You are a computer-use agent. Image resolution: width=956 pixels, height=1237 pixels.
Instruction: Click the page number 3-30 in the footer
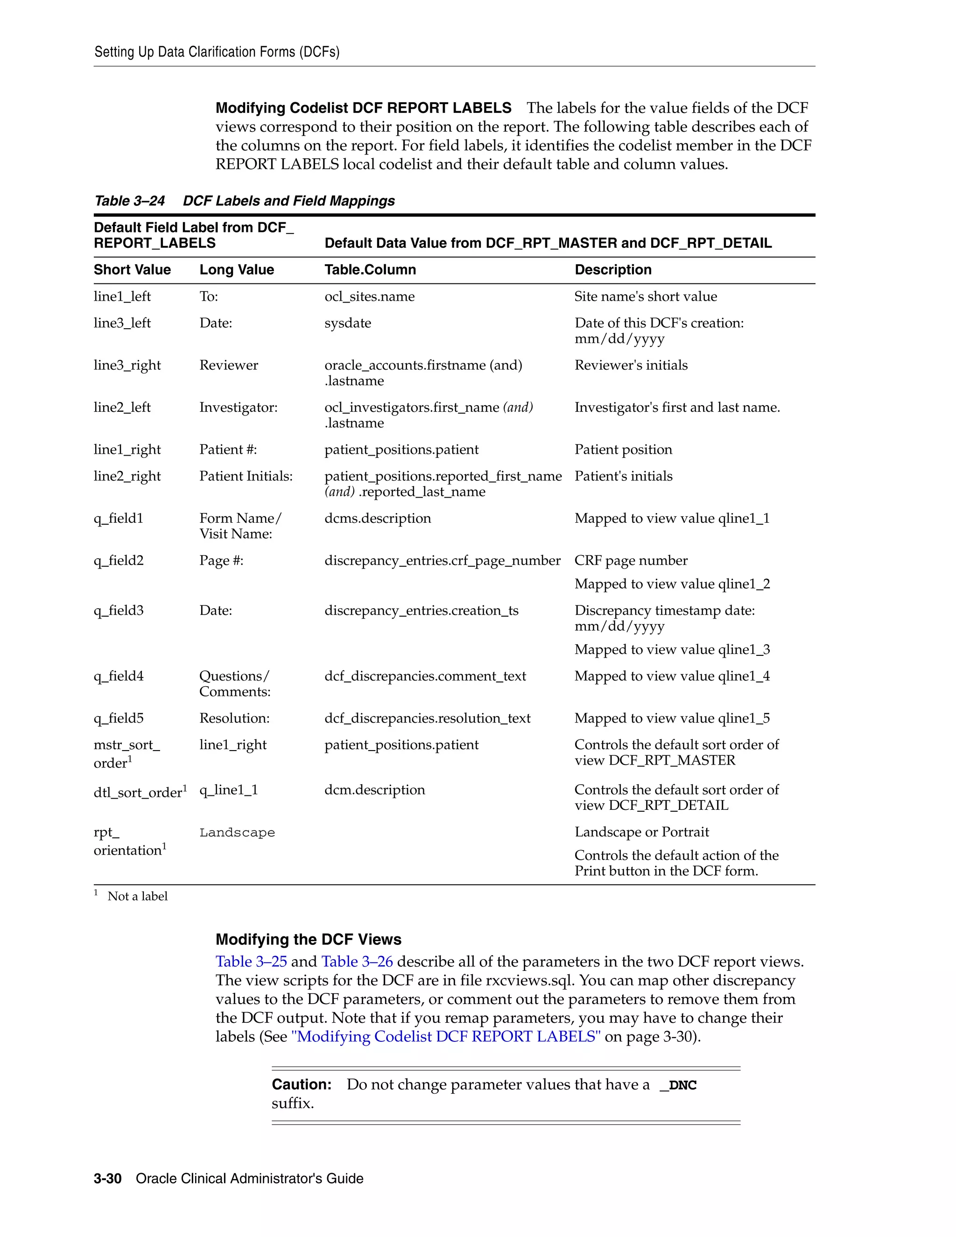click(108, 1178)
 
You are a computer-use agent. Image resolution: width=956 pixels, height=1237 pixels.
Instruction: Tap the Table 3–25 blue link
click(251, 961)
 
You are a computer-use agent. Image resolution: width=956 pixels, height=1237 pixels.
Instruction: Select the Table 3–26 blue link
click(357, 961)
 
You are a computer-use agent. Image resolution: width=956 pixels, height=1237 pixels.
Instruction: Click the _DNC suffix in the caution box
click(678, 1085)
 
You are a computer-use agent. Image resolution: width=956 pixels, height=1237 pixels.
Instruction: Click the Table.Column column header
click(370, 270)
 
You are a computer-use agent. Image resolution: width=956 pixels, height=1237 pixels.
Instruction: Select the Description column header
click(613, 270)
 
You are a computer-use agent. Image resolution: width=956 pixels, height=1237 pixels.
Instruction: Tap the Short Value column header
click(132, 270)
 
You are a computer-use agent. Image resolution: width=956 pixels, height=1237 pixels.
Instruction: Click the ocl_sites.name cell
click(369, 296)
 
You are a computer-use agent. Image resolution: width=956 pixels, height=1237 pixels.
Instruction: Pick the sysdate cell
click(348, 323)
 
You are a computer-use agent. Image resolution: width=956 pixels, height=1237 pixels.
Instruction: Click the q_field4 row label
click(119, 676)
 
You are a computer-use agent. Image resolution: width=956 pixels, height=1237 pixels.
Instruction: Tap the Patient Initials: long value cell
click(246, 476)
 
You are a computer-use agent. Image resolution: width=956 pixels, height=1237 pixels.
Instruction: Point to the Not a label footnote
click(137, 896)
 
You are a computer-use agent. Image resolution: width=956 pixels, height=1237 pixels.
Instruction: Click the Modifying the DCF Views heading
click(308, 939)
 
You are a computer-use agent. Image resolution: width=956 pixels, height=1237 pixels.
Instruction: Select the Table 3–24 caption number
click(129, 201)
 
